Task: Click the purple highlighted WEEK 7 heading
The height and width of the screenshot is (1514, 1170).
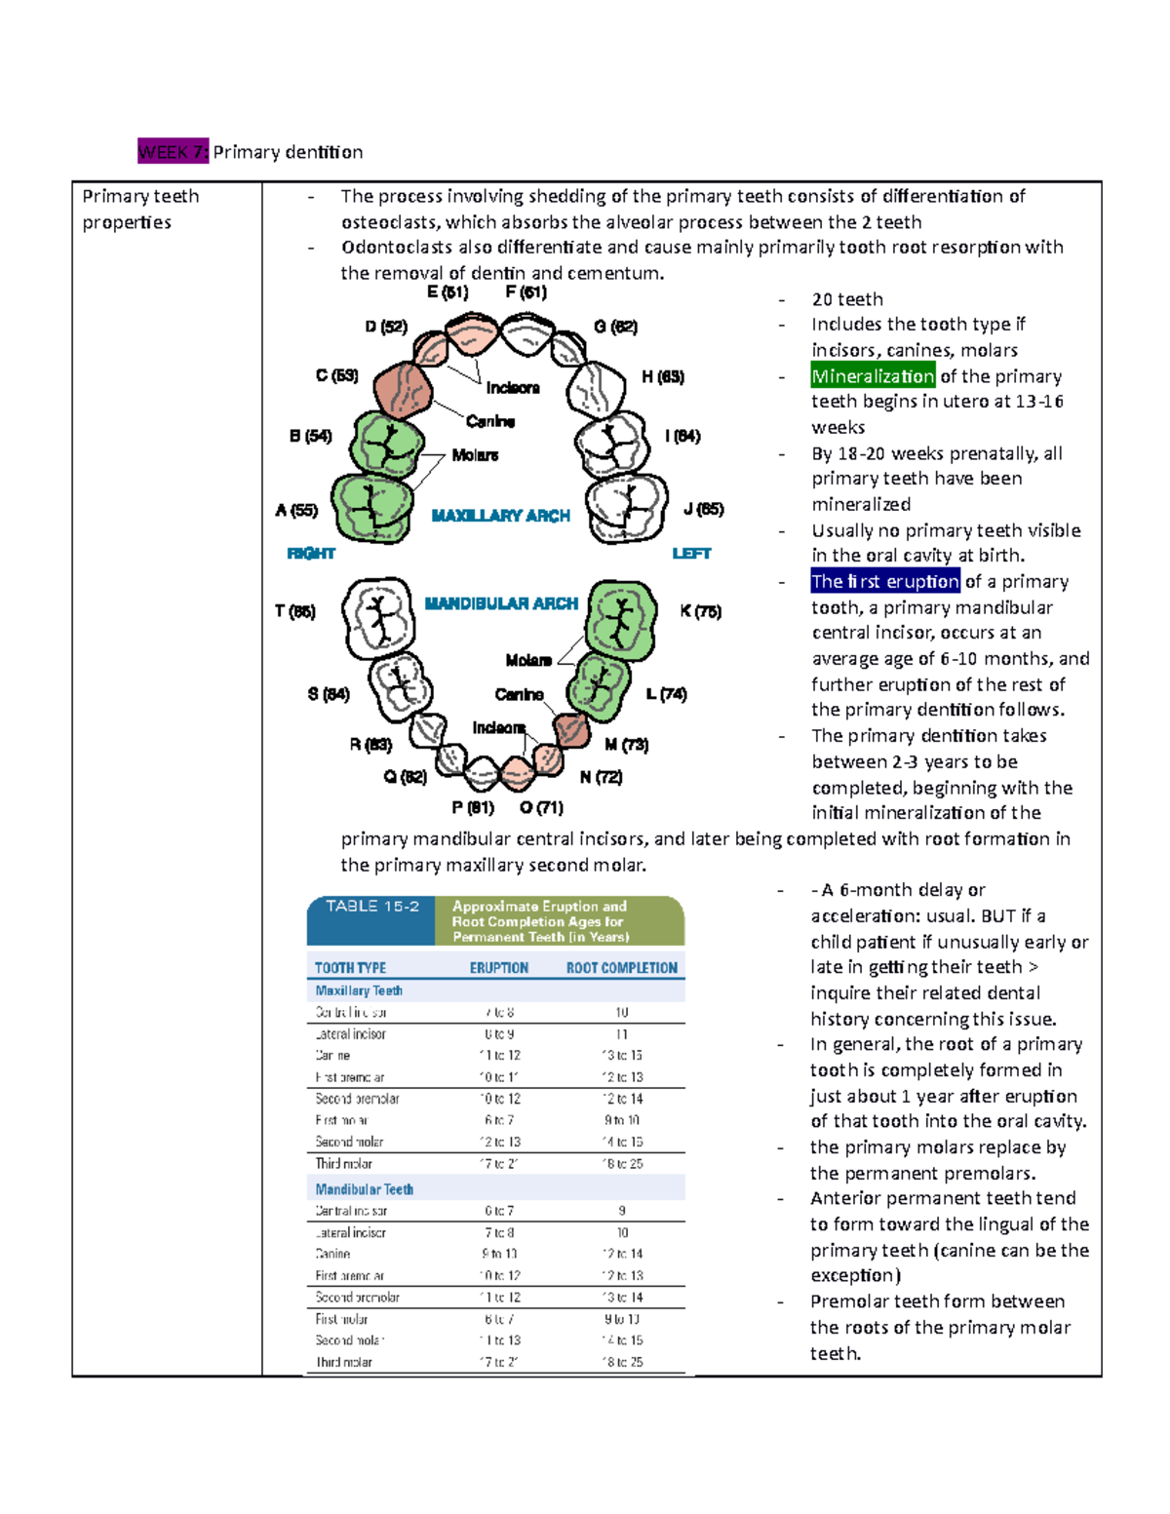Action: coord(173,152)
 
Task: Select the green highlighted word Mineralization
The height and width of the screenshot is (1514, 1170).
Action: coord(873,376)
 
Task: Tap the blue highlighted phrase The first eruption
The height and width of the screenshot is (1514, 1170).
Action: coord(885,582)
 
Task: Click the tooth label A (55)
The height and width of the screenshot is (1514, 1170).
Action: coord(296,510)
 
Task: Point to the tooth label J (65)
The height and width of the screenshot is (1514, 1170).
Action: coord(703,509)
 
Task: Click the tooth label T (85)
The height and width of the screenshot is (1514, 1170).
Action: coord(294,611)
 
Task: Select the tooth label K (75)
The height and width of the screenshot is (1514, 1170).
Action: coord(700,611)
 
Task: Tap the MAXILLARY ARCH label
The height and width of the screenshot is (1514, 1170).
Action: coord(500,516)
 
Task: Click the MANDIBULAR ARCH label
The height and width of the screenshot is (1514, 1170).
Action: coord(501,603)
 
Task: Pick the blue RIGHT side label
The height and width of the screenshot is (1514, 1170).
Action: coord(311,554)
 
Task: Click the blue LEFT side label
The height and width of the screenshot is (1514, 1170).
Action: coord(691,554)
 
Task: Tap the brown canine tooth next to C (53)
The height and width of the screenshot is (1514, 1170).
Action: coord(402,390)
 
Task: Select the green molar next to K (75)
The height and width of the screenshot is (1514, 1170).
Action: coord(621,616)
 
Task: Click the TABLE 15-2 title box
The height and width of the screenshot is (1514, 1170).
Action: coord(371,920)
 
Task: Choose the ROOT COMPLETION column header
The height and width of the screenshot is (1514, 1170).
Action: coord(621,968)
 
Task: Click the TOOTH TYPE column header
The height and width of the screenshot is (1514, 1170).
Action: coord(350,968)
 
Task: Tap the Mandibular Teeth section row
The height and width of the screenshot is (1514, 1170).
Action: coord(364,1189)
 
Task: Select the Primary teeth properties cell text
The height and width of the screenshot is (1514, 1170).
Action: coord(140,209)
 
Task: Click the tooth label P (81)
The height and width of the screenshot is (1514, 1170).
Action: coord(473,808)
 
